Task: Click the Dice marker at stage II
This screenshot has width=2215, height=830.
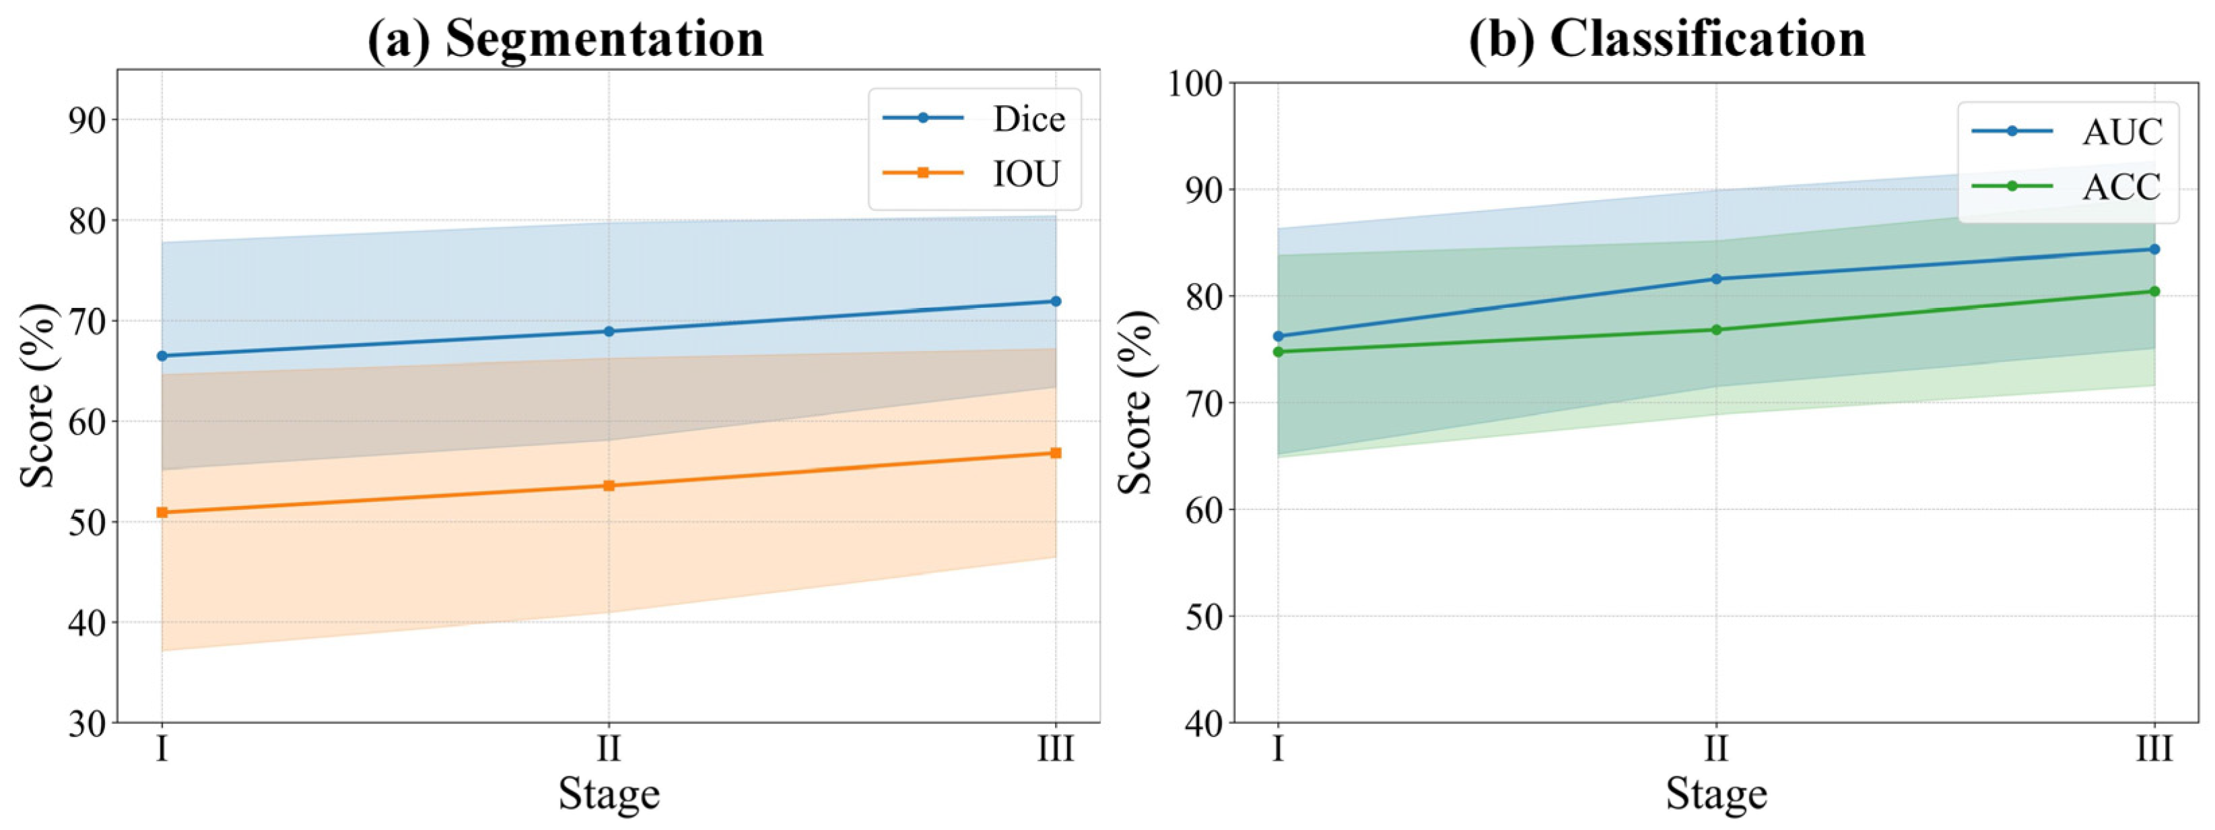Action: [609, 331]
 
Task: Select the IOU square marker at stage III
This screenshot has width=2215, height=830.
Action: [1056, 453]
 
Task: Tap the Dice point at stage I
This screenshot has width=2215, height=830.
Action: [162, 355]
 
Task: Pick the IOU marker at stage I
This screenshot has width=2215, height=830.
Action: [162, 512]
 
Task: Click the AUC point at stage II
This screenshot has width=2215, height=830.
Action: [1716, 279]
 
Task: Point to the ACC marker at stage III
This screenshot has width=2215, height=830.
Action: [2154, 291]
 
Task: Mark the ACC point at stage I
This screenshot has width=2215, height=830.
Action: [1278, 351]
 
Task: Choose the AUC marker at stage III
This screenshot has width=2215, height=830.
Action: [2154, 249]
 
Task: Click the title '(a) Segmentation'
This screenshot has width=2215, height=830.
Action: [566, 38]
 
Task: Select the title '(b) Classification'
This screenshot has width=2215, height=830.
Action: [1667, 38]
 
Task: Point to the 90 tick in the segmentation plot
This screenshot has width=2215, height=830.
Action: [87, 119]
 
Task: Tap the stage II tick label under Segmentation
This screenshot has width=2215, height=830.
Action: [609, 749]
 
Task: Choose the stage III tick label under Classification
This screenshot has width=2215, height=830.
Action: [2154, 749]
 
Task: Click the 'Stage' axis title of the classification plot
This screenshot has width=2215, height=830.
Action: [1716, 794]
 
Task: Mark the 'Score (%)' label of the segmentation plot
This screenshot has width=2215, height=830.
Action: [38, 395]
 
